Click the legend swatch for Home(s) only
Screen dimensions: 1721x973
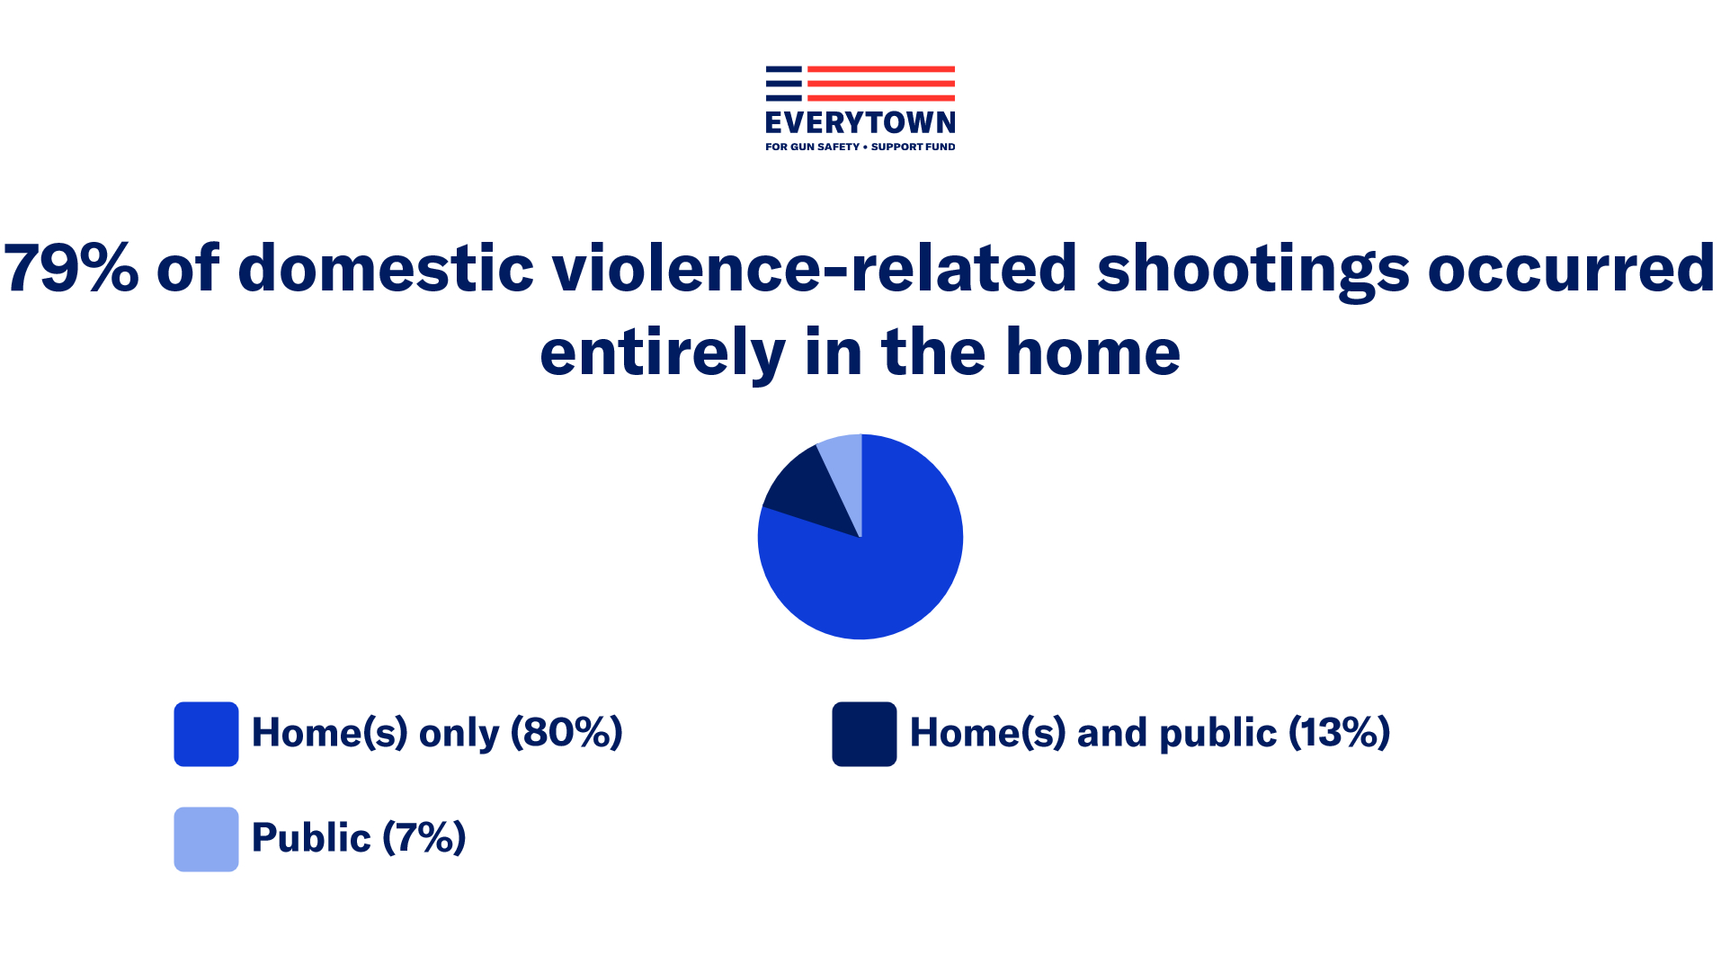pos(206,734)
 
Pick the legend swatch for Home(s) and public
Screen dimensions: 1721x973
pos(864,734)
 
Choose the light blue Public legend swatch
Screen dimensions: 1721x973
pos(206,839)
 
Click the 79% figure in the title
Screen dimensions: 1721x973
pos(72,268)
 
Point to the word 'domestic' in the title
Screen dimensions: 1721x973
pos(387,268)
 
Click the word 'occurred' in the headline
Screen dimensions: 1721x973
pos(1572,268)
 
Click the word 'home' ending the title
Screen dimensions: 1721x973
pos(1092,352)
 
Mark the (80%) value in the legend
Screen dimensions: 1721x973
pos(566,733)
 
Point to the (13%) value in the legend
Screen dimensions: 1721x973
pos(1340,733)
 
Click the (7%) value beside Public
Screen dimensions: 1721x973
pos(424,838)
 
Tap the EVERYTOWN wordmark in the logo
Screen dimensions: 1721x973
pos(860,122)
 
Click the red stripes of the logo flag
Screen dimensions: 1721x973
pos(881,83)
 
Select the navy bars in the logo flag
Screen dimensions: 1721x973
pos(783,83)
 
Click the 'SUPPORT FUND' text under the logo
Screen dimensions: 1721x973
pos(914,147)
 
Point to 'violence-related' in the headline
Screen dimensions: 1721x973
pos(815,268)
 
